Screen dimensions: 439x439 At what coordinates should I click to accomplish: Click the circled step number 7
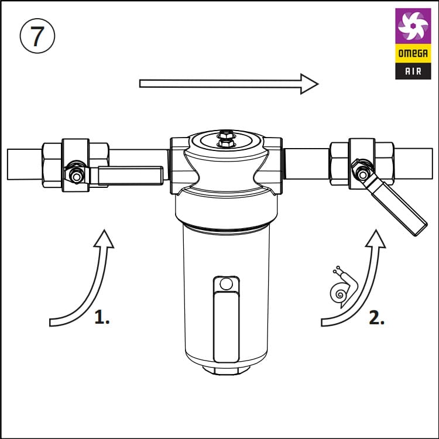pyautogui.click(x=37, y=36)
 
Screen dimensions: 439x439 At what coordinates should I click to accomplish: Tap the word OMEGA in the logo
pyautogui.click(x=413, y=53)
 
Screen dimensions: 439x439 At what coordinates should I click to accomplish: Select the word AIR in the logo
pyautogui.click(x=413, y=71)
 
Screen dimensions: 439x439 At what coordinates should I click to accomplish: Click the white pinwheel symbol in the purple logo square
pyautogui.click(x=413, y=26)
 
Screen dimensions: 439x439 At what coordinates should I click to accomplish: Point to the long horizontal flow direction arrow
pyautogui.click(x=229, y=84)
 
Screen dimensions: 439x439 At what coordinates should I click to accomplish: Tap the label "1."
pyautogui.click(x=102, y=317)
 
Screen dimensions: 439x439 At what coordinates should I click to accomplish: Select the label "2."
pyautogui.click(x=376, y=317)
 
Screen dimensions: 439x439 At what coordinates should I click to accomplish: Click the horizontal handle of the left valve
pyautogui.click(x=130, y=176)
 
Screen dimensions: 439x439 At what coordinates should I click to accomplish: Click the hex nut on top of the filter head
pyautogui.click(x=226, y=139)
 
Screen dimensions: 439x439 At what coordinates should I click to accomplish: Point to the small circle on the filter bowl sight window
pyautogui.click(x=226, y=284)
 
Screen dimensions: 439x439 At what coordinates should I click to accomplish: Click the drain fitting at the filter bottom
pyautogui.click(x=226, y=371)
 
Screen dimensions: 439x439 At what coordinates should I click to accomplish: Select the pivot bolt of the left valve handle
pyautogui.click(x=76, y=176)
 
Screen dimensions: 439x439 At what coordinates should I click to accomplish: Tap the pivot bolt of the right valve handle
pyautogui.click(x=362, y=175)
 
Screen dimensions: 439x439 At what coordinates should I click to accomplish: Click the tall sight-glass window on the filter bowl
pyautogui.click(x=226, y=319)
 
